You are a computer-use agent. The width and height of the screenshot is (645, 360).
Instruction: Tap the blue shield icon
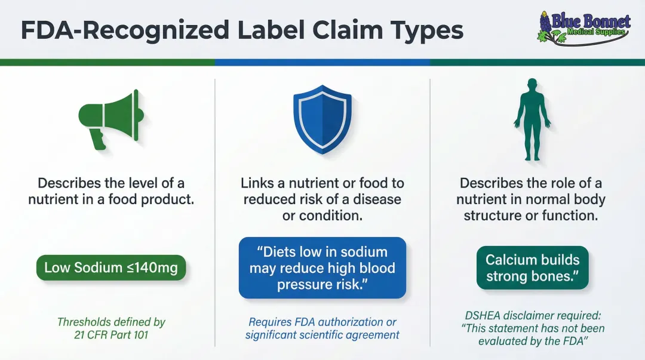coord(322,119)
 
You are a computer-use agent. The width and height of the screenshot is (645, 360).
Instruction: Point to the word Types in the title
coord(429,30)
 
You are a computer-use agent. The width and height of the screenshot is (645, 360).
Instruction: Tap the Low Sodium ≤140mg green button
coord(111,268)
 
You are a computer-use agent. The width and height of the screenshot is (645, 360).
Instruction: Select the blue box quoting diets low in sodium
coord(322,268)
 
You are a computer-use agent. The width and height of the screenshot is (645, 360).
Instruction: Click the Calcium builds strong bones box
coord(532,268)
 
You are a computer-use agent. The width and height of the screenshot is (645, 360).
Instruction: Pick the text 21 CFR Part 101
coord(111,335)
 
